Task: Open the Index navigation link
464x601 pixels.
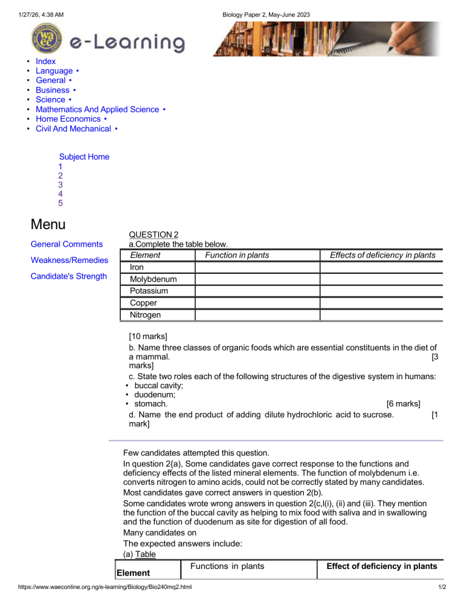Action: pyautogui.click(x=45, y=61)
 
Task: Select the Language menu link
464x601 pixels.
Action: pyautogui.click(x=54, y=71)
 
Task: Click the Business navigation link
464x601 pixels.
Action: pyautogui.click(x=53, y=90)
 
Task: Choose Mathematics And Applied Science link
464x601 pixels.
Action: pyautogui.click(x=97, y=109)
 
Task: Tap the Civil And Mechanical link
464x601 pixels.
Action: pyautogui.click(x=73, y=129)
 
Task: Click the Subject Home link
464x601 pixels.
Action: pyautogui.click(x=84, y=157)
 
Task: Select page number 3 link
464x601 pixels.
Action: pyautogui.click(x=60, y=184)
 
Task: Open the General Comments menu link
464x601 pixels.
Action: pyautogui.click(x=66, y=244)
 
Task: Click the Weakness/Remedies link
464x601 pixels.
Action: pyautogui.click(x=69, y=261)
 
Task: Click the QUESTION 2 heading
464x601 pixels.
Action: pyautogui.click(x=154, y=235)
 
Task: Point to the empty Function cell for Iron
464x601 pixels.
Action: pyautogui.click(x=256, y=267)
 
